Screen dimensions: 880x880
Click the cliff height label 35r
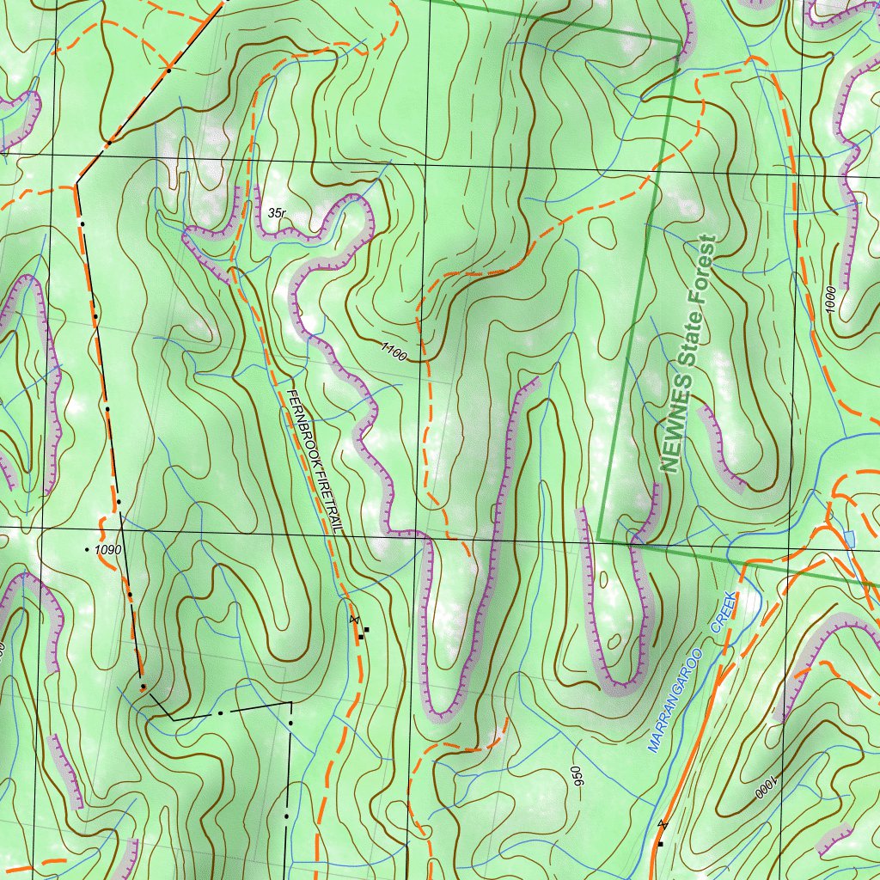click(x=276, y=212)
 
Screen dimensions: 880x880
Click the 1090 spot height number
click(x=109, y=548)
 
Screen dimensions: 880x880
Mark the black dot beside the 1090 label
click(x=88, y=548)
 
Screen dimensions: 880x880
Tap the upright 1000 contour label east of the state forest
click(x=829, y=301)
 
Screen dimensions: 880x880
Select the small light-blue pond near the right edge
click(x=849, y=539)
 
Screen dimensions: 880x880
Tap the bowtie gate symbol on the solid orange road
click(x=661, y=824)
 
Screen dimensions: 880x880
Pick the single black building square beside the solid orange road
click(x=660, y=844)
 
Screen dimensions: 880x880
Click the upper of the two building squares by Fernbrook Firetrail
click(x=366, y=630)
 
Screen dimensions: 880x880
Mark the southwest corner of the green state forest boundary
click(x=599, y=541)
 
